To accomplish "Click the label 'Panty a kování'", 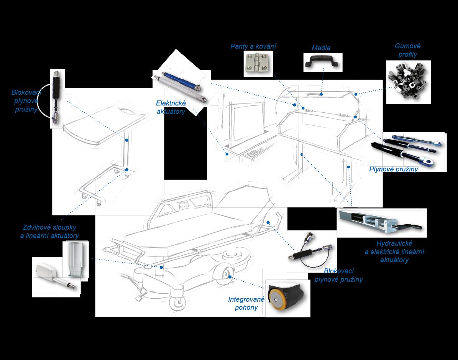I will [x=253, y=46].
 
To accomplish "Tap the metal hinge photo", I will [x=257, y=63].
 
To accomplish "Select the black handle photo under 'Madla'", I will [x=322, y=62].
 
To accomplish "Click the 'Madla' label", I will [x=321, y=48].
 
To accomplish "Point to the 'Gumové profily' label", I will [x=407, y=50].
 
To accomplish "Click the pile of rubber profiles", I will [x=407, y=81].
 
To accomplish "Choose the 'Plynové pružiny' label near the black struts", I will [x=393, y=169].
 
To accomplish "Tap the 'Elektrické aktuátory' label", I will [x=171, y=107].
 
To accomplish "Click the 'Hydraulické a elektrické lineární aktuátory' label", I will [x=394, y=252].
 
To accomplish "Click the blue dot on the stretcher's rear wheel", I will [x=230, y=277].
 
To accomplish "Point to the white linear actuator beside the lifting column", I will [x=54, y=275].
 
